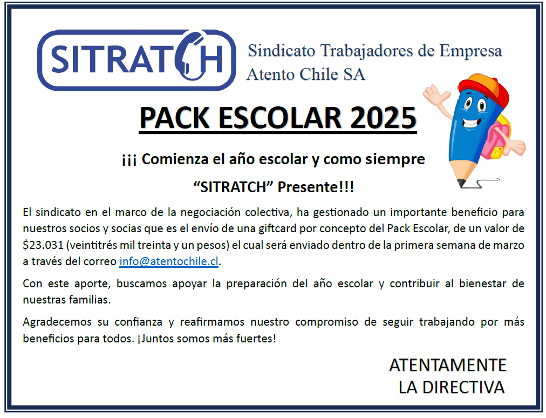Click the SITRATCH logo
point(136,60)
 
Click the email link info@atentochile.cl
point(169,261)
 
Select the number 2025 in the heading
point(383,118)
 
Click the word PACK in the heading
point(174,118)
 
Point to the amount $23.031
point(43,245)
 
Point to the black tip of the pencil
point(461,183)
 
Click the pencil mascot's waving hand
point(435,94)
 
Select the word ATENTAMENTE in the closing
point(448,366)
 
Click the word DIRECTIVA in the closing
point(463,387)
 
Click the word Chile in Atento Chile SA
point(319,74)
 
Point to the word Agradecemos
point(57,322)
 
